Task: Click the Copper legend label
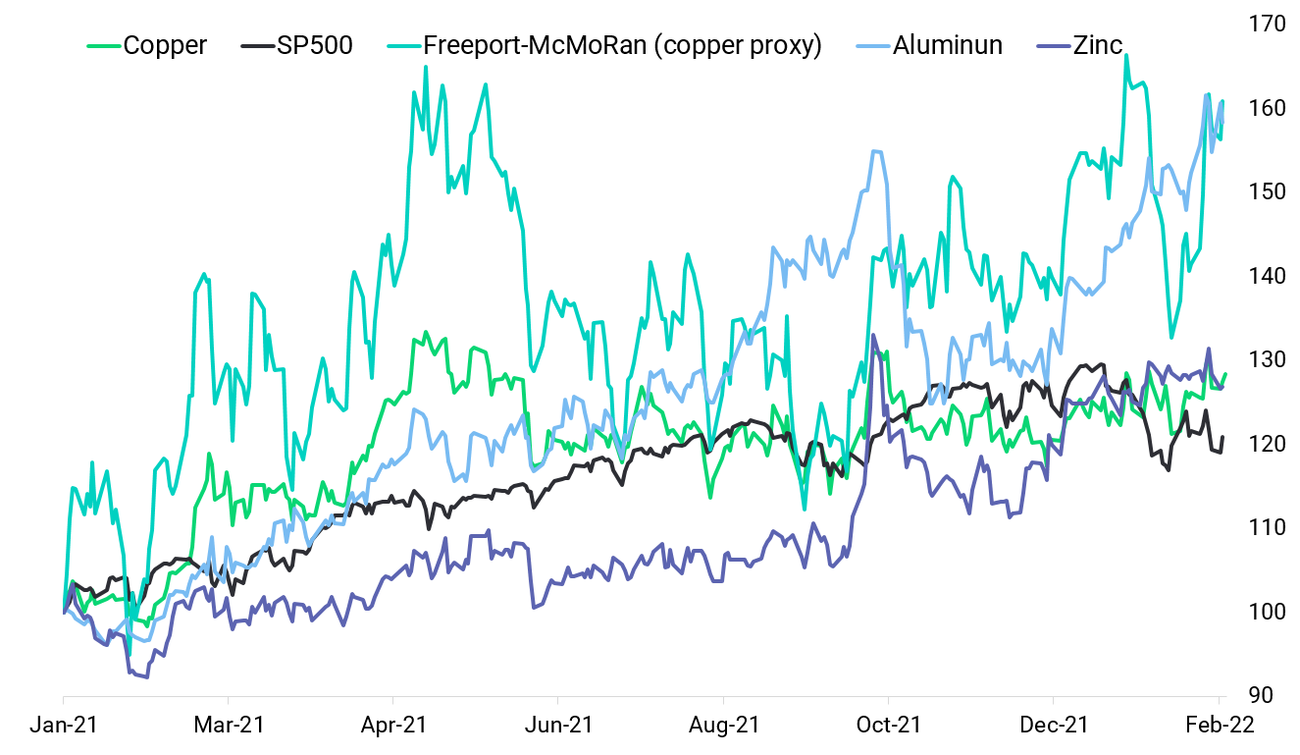(165, 45)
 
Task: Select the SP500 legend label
(314, 45)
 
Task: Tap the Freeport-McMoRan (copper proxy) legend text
(622, 45)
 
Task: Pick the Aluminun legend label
(948, 45)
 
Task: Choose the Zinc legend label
(1097, 45)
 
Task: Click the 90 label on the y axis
(1263, 695)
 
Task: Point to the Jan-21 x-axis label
(64, 725)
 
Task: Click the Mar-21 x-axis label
(229, 725)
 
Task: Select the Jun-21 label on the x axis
(558, 725)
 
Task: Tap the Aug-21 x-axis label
(723, 725)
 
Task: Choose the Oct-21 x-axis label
(888, 725)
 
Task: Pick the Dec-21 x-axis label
(1053, 725)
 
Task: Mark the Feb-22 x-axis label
(1218, 725)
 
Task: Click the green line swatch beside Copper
(104, 46)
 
